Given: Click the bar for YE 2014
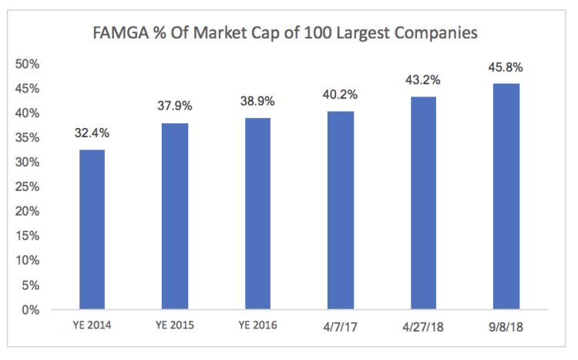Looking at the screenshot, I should point(92,230).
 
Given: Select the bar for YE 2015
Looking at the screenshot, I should point(175,217).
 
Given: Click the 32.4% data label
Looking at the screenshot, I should point(92,133).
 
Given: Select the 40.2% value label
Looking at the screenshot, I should point(341,96).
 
